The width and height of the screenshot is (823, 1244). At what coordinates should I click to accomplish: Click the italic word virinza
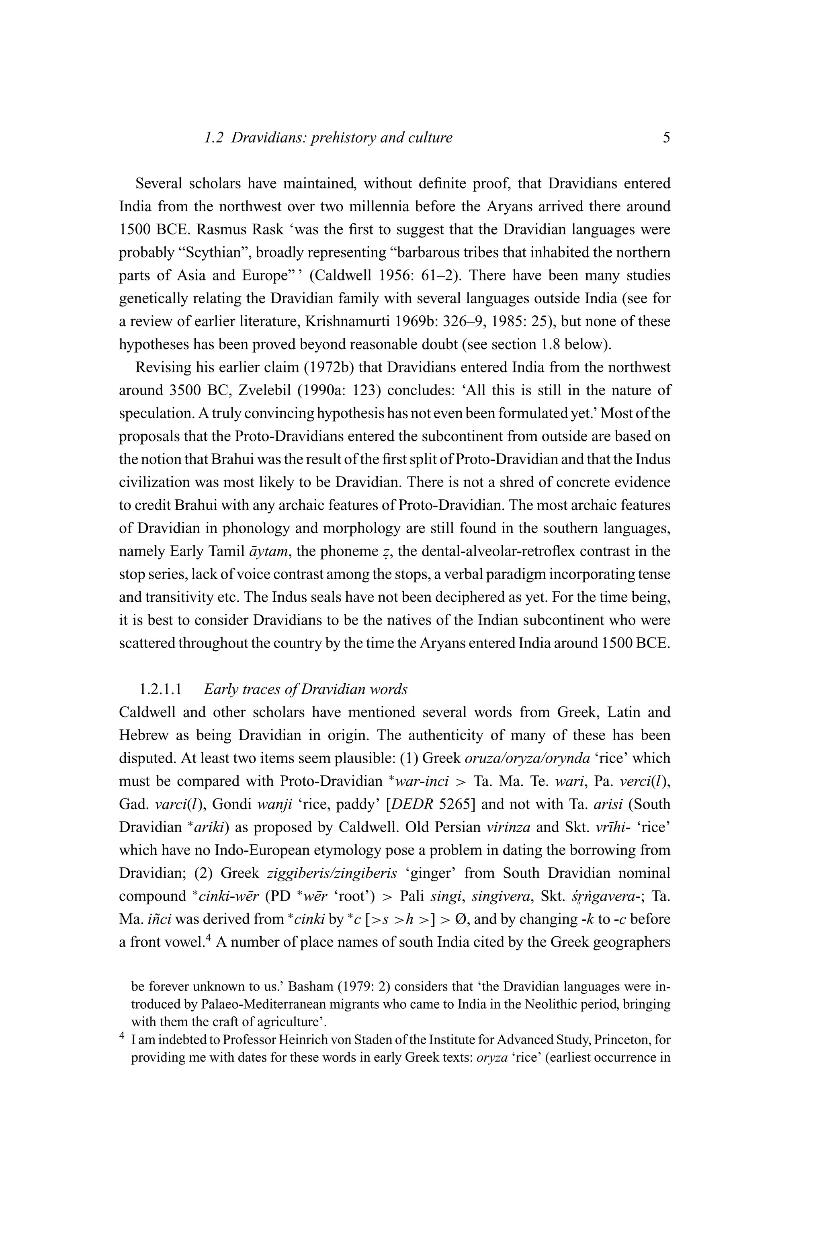coord(508,827)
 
